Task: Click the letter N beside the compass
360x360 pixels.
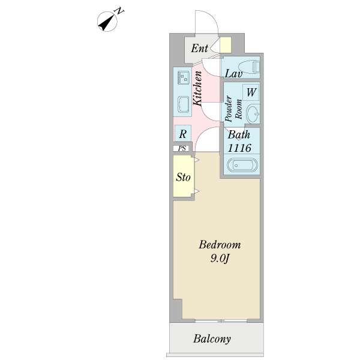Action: [x=119, y=11]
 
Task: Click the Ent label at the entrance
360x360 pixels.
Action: [x=200, y=48]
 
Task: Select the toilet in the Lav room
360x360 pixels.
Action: [x=250, y=67]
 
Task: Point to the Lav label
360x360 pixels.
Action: [x=234, y=74]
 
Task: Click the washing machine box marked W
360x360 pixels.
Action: [x=251, y=92]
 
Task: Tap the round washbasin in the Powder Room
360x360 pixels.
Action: [x=253, y=113]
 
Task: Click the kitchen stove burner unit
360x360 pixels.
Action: [x=184, y=77]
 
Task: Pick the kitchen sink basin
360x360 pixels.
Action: [x=184, y=104]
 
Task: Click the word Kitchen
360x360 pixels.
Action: [x=197, y=88]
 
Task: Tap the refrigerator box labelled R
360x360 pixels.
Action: [x=183, y=133]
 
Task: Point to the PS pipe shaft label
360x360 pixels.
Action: [x=182, y=148]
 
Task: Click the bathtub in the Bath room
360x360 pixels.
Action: [x=242, y=165]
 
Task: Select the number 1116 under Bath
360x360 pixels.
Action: [x=239, y=148]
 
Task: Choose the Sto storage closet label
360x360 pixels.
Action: [x=183, y=177]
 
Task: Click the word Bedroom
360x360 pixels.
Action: [x=220, y=245]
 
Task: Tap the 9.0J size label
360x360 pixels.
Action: [x=220, y=259]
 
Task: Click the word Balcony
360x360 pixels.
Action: [x=212, y=339]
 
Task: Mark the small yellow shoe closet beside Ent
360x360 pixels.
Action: [x=226, y=45]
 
